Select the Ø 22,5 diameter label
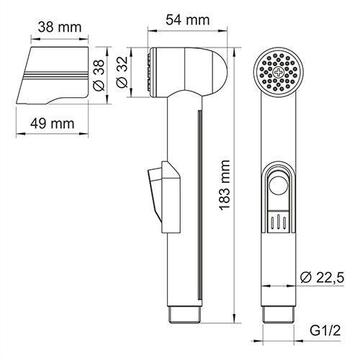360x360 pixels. coord(325,275)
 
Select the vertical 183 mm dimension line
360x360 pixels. coord(238,184)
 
